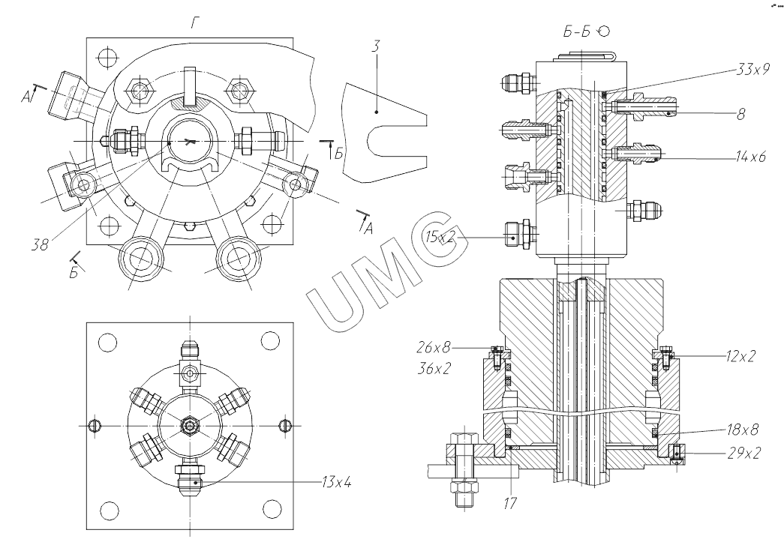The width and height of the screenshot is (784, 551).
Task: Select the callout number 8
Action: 741,114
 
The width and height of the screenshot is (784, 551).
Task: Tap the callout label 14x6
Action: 750,157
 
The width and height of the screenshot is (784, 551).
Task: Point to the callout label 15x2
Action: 440,237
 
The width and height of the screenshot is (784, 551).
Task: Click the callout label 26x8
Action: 434,346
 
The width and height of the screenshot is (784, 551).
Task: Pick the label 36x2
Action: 434,369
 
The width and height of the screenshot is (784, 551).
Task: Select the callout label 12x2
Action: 740,355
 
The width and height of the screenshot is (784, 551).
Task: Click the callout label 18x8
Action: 743,430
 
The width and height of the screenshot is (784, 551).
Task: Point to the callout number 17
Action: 510,503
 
